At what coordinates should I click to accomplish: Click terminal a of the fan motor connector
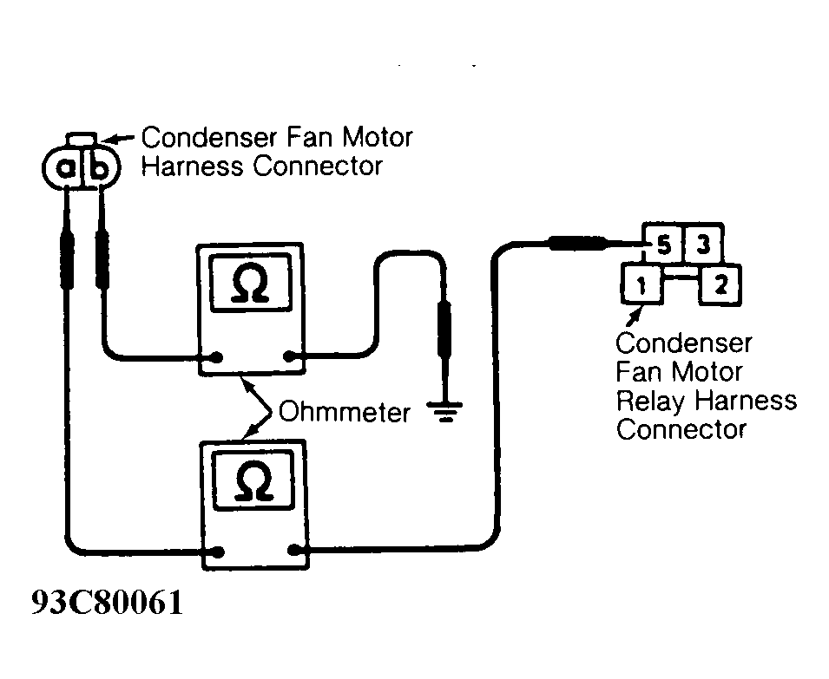(x=66, y=167)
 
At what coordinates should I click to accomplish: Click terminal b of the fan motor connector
(x=99, y=167)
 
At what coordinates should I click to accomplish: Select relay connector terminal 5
(x=663, y=245)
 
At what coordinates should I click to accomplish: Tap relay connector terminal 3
(x=703, y=245)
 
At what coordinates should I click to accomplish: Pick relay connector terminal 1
(x=641, y=285)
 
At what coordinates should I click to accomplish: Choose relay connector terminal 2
(x=720, y=285)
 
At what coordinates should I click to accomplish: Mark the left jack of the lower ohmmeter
(x=222, y=551)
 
